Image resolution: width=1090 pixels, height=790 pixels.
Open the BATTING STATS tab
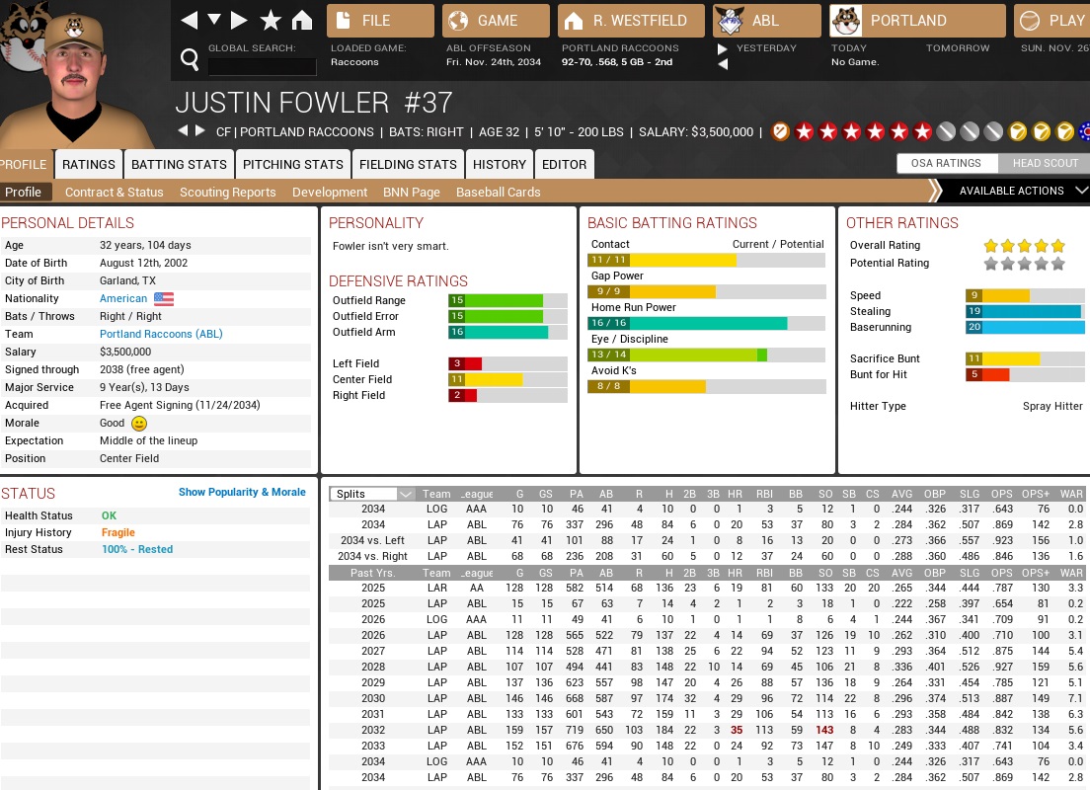(179, 165)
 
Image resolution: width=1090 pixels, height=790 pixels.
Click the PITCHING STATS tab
(293, 165)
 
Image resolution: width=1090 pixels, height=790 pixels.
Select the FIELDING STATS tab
(408, 165)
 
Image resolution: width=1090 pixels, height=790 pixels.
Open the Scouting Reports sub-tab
(228, 193)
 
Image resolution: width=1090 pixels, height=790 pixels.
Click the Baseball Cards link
(498, 193)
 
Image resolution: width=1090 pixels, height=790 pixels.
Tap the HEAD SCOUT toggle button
(1045, 164)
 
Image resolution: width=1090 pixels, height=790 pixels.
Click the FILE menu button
(380, 21)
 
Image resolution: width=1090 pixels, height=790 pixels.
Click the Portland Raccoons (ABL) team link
(161, 334)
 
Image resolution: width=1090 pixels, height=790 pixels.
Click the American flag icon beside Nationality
(164, 298)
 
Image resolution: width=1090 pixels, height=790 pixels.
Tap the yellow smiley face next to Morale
(139, 423)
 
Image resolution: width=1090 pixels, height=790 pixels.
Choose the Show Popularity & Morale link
(242, 492)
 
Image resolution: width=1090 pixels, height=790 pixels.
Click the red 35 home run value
(736, 730)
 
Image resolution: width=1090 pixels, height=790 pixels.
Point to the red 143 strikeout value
(825, 730)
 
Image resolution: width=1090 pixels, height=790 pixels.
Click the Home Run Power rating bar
(706, 323)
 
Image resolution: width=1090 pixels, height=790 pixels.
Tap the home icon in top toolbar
(302, 21)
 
